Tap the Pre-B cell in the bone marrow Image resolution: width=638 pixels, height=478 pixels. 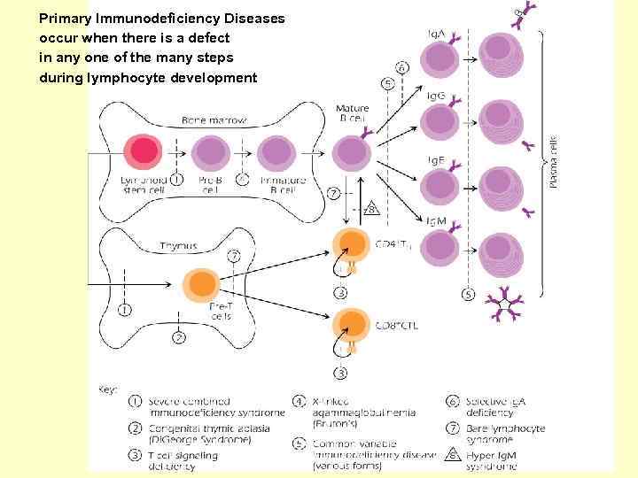pos(210,152)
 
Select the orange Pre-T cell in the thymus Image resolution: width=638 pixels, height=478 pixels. pos(203,285)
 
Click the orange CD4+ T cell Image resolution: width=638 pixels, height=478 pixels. pos(351,244)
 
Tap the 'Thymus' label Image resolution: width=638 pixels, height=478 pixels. pos(178,245)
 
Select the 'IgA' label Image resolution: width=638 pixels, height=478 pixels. pos(437,35)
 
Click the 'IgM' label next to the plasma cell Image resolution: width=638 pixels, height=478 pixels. pos(436,220)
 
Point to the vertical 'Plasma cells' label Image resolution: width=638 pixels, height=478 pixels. pos(554,161)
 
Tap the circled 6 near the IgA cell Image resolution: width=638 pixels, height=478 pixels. pos(403,67)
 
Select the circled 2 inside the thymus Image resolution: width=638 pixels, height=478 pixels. pos(179,337)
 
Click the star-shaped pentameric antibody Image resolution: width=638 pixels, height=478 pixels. pos(505,305)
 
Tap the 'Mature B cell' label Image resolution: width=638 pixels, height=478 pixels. pos(353,113)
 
